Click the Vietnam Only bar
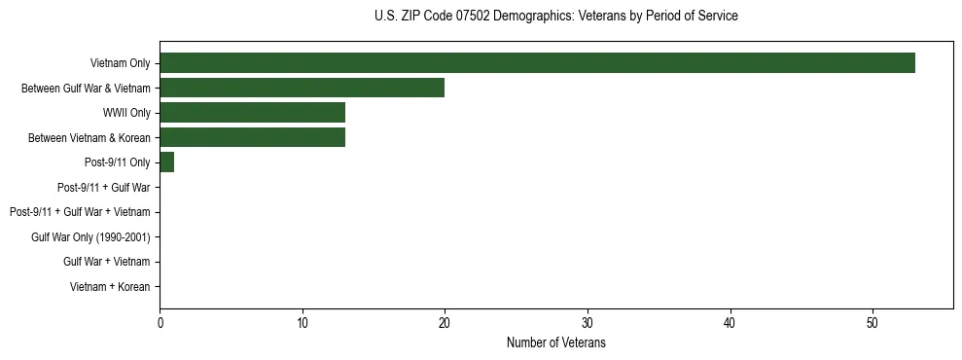(x=537, y=63)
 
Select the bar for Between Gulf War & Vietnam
(x=302, y=88)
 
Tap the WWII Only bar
(x=252, y=113)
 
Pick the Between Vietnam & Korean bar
(x=252, y=137)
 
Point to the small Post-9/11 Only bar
(x=166, y=162)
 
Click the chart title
(x=555, y=16)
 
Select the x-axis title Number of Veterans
(x=555, y=343)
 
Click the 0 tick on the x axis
(x=160, y=323)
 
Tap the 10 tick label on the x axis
(x=303, y=323)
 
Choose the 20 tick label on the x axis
(x=445, y=323)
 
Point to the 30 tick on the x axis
(x=588, y=323)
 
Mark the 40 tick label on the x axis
(x=730, y=323)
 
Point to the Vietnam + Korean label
(x=110, y=286)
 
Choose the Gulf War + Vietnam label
(x=106, y=262)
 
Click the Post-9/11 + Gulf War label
(x=104, y=187)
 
